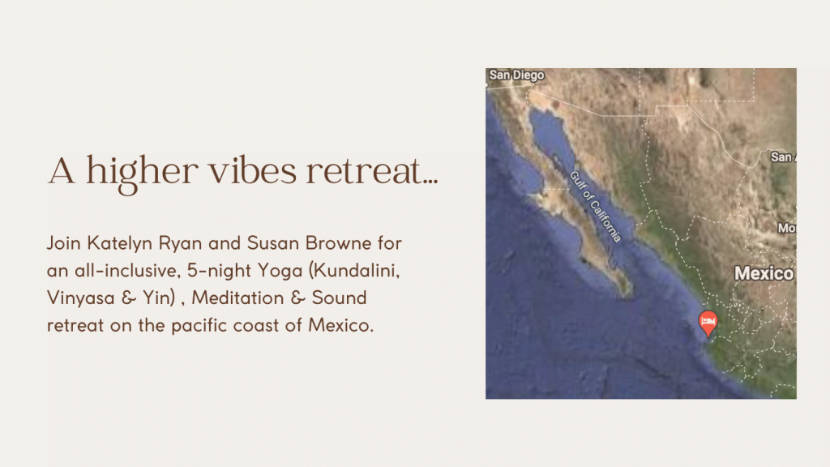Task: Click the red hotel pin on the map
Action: pyautogui.click(x=708, y=323)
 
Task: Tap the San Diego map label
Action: pyautogui.click(x=516, y=75)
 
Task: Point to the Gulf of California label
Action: pyautogui.click(x=595, y=207)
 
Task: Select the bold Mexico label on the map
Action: pyautogui.click(x=764, y=273)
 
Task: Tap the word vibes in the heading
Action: pyautogui.click(x=252, y=170)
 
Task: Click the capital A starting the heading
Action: pyautogui.click(x=62, y=171)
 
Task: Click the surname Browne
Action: pyautogui.click(x=338, y=243)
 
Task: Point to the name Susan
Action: pyautogui.click(x=272, y=243)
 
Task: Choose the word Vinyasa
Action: pyautogui.click(x=80, y=298)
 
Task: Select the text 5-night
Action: pyautogui.click(x=219, y=272)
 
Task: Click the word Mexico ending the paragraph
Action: pyautogui.click(x=341, y=325)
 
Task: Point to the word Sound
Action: pyautogui.click(x=339, y=298)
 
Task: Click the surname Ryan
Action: pyautogui.click(x=181, y=244)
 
